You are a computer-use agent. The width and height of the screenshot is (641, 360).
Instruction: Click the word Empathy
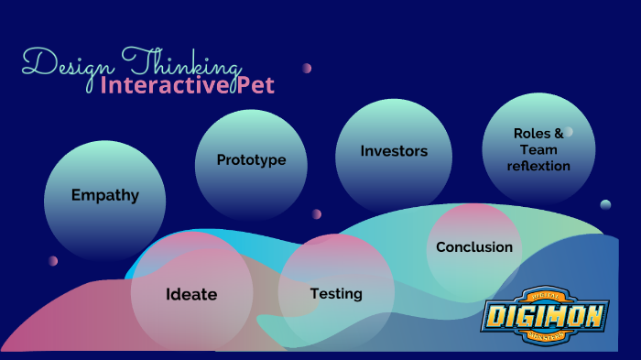tap(105, 195)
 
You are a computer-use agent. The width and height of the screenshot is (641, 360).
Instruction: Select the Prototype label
tap(251, 160)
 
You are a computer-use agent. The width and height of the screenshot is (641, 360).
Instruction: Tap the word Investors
tap(394, 151)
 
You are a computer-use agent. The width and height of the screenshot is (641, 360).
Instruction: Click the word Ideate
tap(191, 295)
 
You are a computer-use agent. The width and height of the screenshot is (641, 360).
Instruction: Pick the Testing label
tap(336, 294)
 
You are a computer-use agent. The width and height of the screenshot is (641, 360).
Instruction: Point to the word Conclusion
tap(474, 247)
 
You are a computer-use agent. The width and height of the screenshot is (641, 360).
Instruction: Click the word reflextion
tap(538, 166)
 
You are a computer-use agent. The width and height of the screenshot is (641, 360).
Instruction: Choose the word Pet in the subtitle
tap(255, 86)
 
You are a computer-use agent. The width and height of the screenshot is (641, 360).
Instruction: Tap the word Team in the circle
tap(538, 150)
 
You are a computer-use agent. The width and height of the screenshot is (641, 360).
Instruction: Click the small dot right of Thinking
tap(307, 68)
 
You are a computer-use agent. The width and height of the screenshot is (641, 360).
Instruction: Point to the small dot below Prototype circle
tap(317, 214)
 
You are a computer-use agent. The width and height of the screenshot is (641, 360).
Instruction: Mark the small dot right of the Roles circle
tap(605, 204)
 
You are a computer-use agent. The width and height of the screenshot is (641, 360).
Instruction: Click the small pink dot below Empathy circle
tap(53, 261)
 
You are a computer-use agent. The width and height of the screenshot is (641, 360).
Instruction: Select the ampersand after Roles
tap(559, 134)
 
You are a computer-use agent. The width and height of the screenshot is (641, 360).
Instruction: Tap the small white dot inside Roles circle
tap(569, 132)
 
